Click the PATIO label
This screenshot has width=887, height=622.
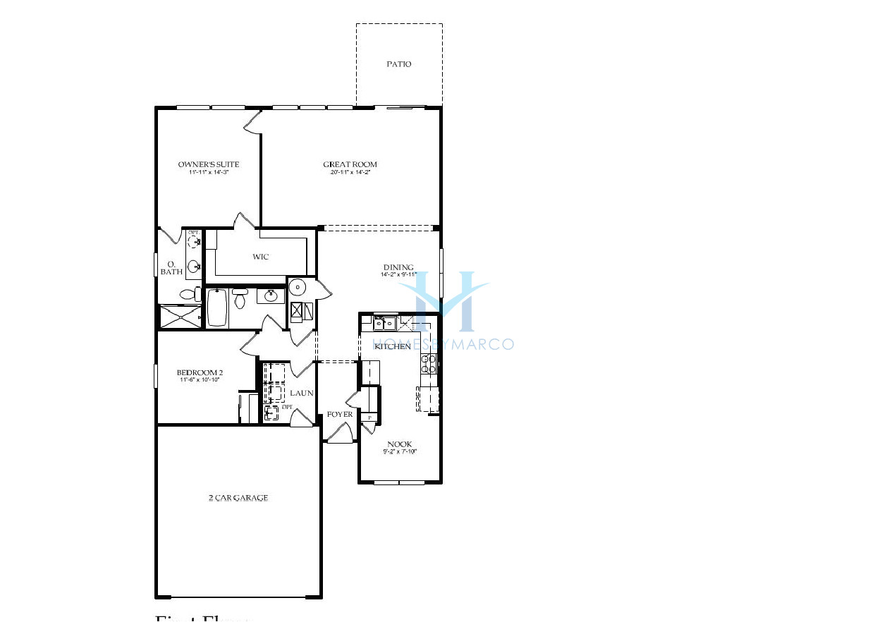coord(398,64)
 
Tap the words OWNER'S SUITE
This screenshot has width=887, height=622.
coord(209,164)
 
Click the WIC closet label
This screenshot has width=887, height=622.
coord(261,257)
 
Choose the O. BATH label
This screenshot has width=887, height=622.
coord(171,267)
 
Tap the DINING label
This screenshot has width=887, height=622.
coord(398,267)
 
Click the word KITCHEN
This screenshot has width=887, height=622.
coord(393,346)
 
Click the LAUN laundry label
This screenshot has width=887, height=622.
coord(302,393)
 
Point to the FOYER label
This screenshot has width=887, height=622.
coord(340,415)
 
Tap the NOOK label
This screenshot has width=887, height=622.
coord(399,444)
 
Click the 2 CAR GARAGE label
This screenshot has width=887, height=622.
coord(238,498)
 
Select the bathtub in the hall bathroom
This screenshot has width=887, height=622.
coord(217,307)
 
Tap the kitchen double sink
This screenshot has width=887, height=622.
coord(384,324)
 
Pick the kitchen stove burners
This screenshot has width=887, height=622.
coord(429,364)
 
